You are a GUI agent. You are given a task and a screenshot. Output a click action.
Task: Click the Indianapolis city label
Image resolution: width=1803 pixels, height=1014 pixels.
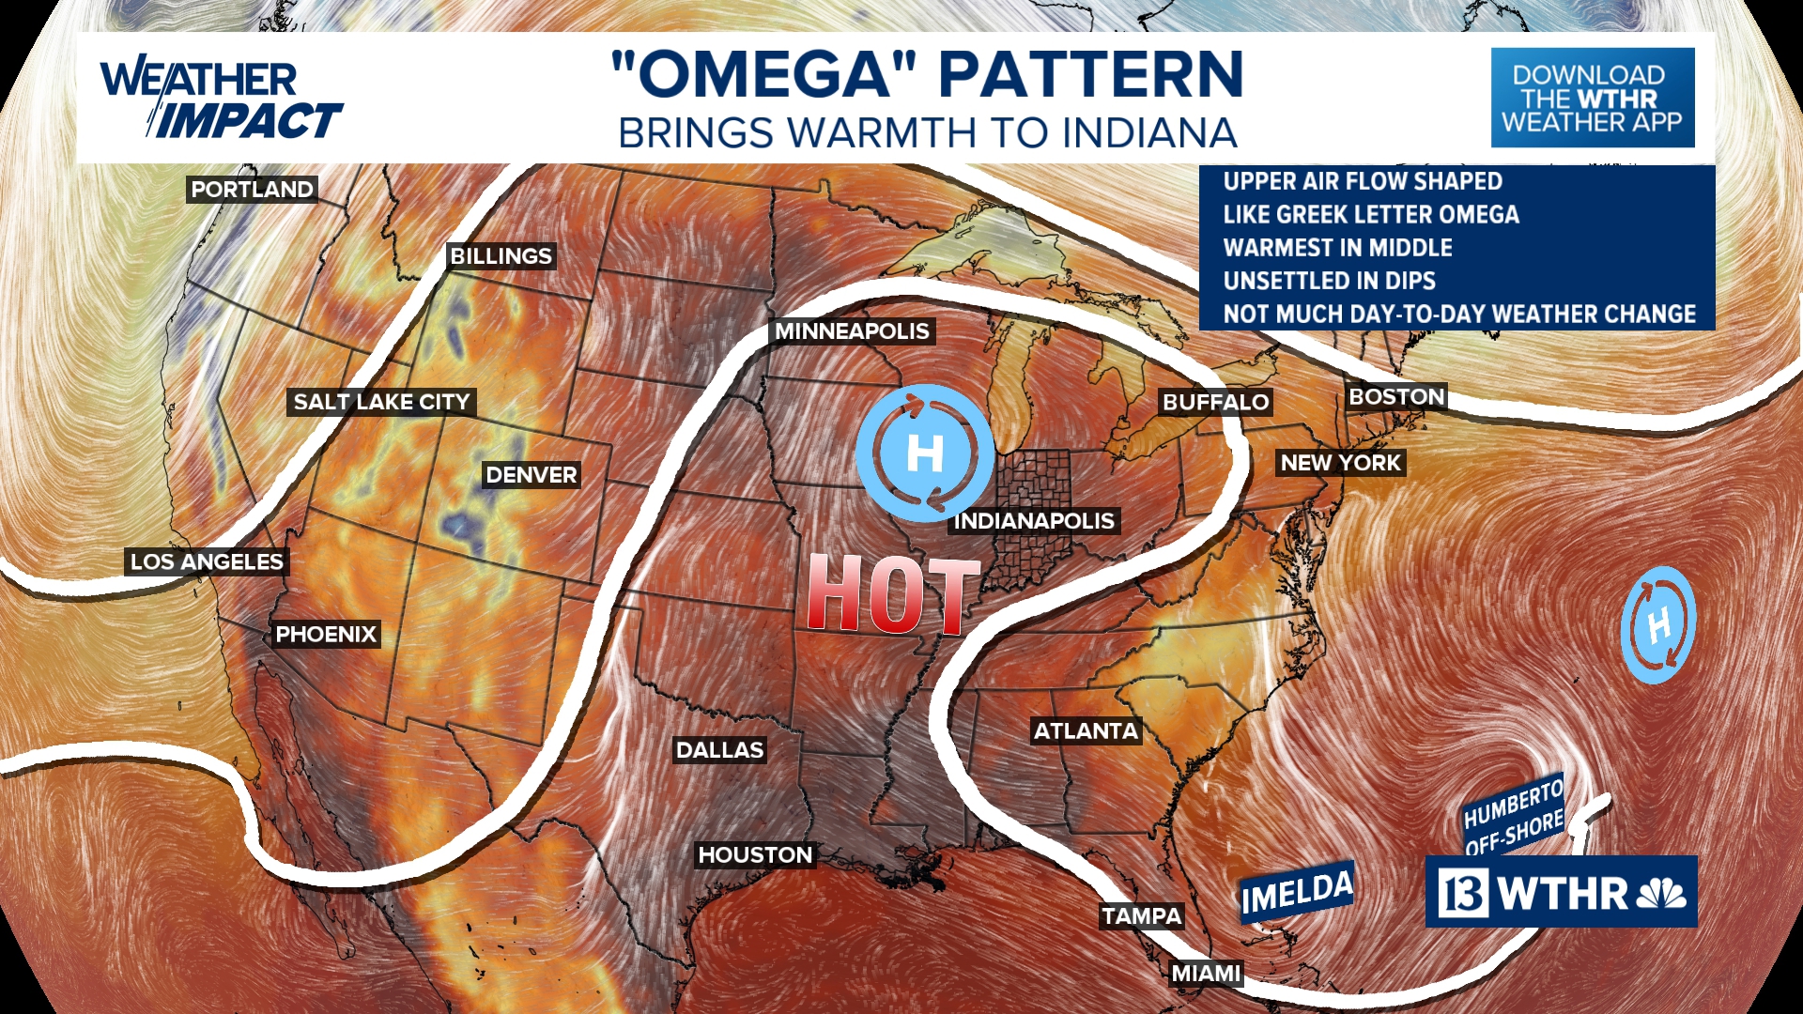[1034, 521]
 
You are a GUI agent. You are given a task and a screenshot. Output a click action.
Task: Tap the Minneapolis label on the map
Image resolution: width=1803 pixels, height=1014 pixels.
[852, 331]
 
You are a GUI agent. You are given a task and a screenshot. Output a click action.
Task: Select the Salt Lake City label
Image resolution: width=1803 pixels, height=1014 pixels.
[381, 402]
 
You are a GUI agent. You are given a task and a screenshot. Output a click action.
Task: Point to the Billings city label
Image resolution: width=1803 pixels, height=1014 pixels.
[501, 256]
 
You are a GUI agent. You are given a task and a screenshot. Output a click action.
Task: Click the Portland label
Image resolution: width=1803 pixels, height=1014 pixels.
[252, 190]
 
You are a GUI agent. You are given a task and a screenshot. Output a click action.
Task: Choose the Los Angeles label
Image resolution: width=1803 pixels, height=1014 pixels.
[207, 562]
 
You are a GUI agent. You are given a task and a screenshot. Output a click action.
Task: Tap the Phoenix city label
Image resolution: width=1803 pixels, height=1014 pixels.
[326, 635]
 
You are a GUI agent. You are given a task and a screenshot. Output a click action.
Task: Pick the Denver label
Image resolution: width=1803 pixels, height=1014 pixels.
[531, 475]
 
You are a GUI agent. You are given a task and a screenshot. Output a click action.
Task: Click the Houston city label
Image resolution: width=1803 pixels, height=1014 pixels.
[755, 855]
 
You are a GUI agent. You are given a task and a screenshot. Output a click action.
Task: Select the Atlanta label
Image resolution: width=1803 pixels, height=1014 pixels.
[1086, 731]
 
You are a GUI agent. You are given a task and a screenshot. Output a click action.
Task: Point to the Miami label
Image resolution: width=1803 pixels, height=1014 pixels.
[1206, 974]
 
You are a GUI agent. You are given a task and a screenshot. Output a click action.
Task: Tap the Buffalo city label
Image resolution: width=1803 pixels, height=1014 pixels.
[1215, 403]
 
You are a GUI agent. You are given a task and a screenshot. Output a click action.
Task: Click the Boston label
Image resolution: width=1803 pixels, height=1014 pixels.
[1396, 397]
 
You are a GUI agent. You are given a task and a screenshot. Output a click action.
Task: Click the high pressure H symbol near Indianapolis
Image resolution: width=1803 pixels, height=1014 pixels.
[925, 453]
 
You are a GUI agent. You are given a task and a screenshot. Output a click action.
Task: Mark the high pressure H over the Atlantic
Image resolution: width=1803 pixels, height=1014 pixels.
[1658, 625]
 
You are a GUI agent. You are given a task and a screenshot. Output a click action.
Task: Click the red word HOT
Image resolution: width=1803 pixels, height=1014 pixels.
[892, 594]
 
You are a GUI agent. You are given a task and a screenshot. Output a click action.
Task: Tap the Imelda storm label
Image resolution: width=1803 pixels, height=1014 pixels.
[1297, 893]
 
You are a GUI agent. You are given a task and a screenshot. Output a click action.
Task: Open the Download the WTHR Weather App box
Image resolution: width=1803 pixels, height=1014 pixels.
[1593, 98]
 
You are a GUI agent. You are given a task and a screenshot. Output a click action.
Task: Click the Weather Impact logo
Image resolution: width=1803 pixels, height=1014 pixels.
[221, 100]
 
